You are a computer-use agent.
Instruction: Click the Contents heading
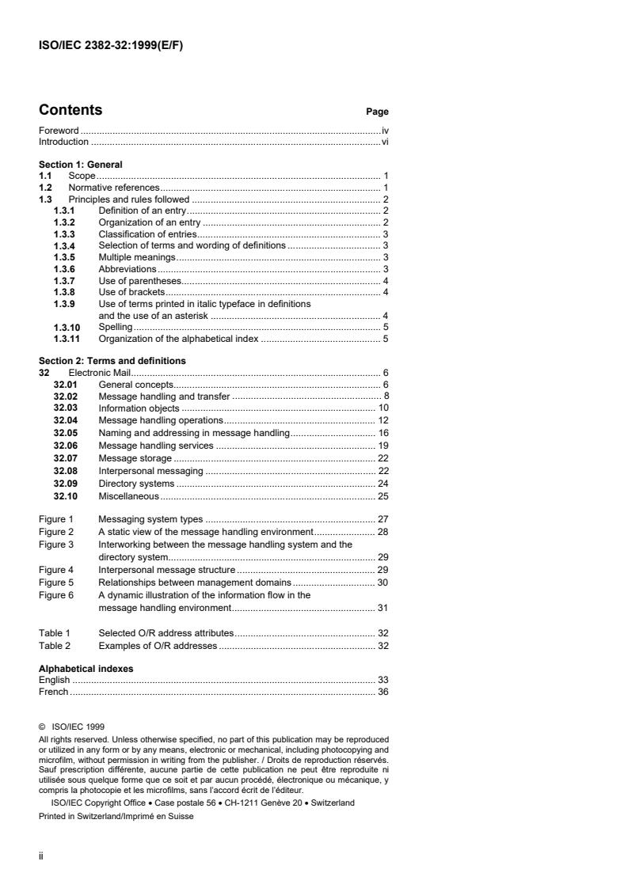pyautogui.click(x=70, y=110)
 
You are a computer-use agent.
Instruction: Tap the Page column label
pyautogui.click(x=377, y=112)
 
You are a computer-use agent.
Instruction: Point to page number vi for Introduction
pyautogui.click(x=384, y=142)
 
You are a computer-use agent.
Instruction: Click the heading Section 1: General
pyautogui.click(x=81, y=165)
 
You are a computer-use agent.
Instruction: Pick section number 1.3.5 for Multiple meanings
pyautogui.click(x=64, y=257)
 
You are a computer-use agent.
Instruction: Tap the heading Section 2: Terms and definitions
pyautogui.click(x=112, y=361)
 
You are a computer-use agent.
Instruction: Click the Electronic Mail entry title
pyautogui.click(x=100, y=372)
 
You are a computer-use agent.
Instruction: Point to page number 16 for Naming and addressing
pyautogui.click(x=382, y=433)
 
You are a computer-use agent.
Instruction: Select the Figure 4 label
pyautogui.click(x=56, y=569)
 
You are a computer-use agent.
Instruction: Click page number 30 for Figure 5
pyautogui.click(x=382, y=582)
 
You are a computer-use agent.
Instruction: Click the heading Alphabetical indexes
pyautogui.click(x=86, y=669)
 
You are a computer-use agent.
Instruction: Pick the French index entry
pyautogui.click(x=54, y=692)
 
